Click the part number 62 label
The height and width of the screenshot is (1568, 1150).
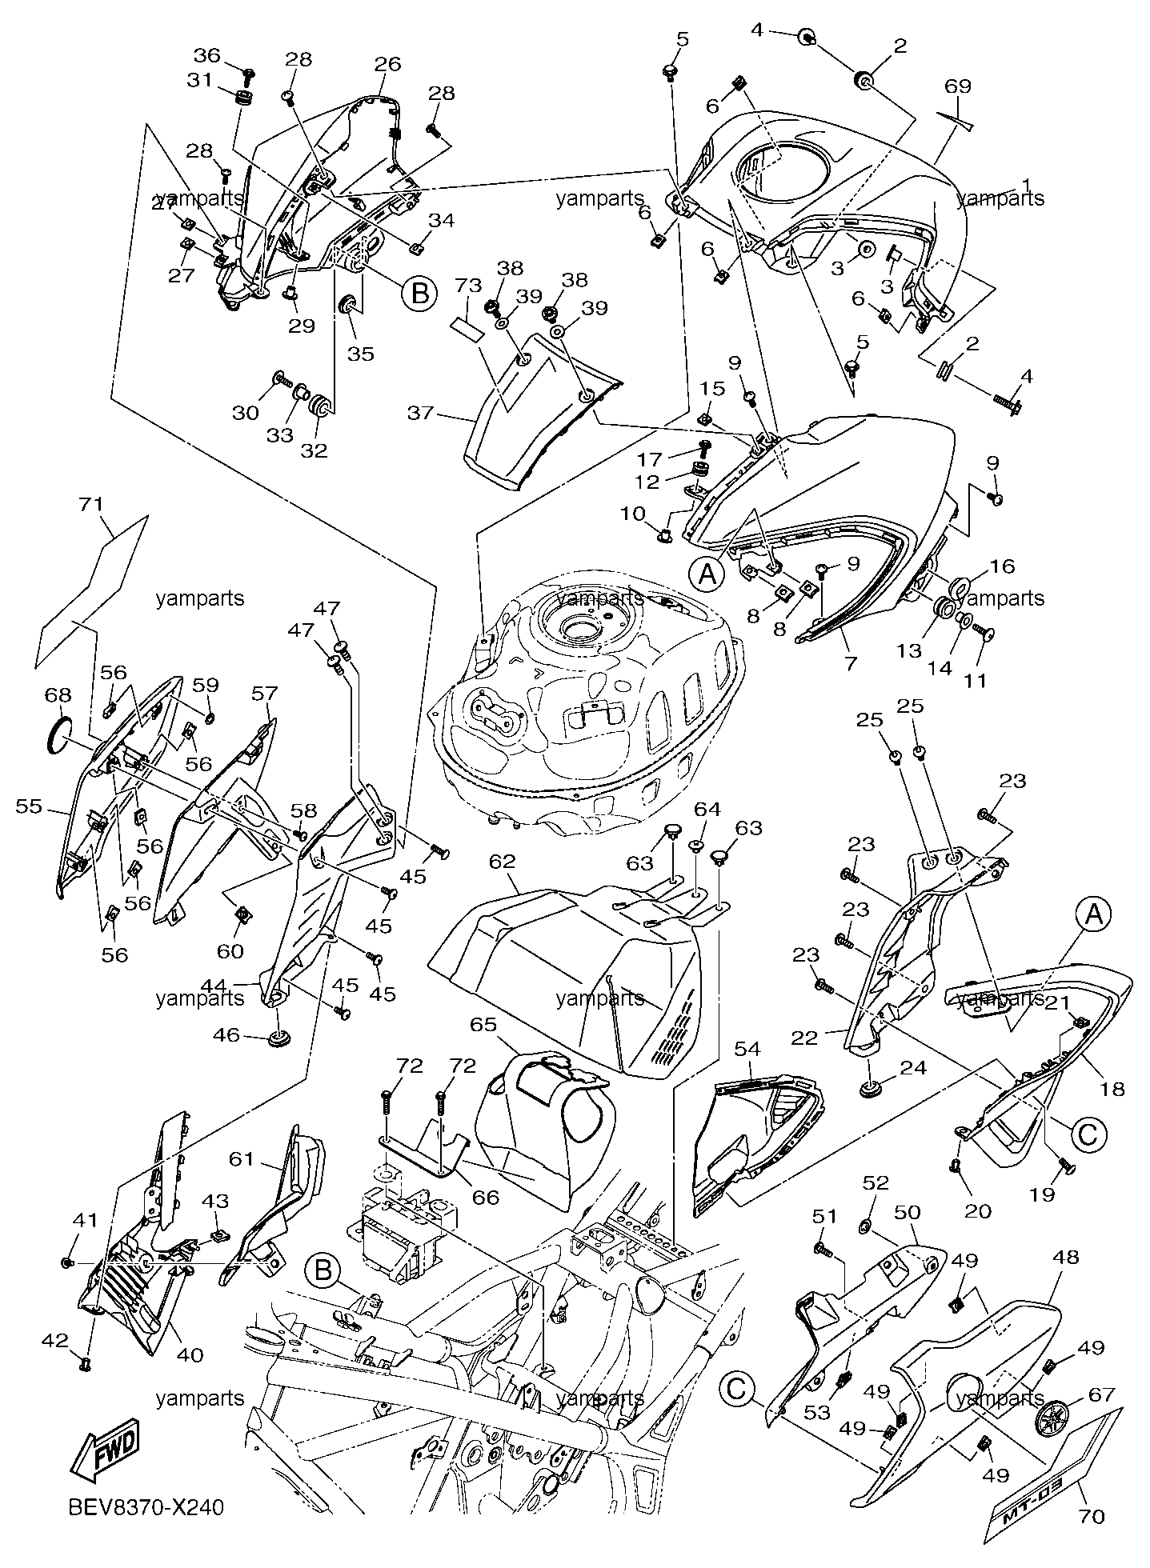tap(503, 862)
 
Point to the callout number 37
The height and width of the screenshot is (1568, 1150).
tap(421, 413)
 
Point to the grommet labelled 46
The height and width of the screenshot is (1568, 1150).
tap(278, 1038)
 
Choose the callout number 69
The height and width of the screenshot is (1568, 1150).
tap(958, 86)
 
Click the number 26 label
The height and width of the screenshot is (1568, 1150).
tap(387, 64)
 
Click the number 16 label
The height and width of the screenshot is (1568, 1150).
tap(1002, 566)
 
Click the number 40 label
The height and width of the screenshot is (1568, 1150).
tap(189, 1354)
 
